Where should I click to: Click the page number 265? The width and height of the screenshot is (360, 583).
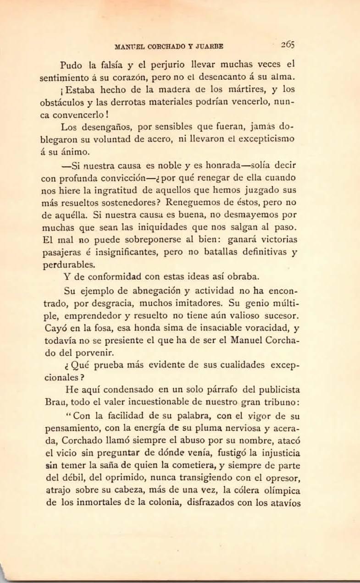[x=288, y=45]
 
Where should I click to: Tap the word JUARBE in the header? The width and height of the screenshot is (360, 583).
[x=209, y=46]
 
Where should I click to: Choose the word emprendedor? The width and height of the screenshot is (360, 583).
[x=97, y=316]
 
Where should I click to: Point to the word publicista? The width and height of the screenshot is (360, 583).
[x=277, y=390]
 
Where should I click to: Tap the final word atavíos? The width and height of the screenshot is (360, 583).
[x=284, y=503]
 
